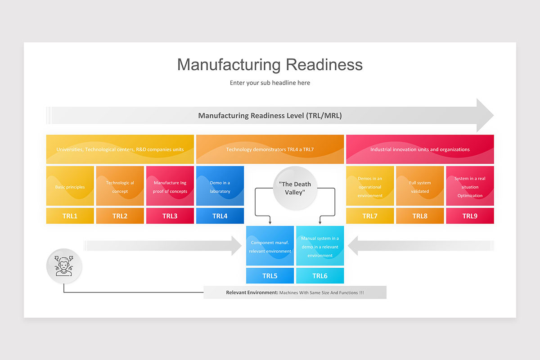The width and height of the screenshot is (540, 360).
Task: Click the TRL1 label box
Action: [x=70, y=216]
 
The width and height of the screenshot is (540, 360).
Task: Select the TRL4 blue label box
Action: [x=220, y=216]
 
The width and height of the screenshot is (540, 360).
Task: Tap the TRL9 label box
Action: [x=470, y=216]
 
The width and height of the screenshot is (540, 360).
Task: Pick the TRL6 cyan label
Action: [x=320, y=276]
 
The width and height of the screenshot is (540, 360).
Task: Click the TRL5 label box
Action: [x=270, y=276]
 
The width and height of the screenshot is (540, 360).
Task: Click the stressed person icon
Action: [x=64, y=266]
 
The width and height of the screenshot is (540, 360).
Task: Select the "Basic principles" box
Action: [x=70, y=186]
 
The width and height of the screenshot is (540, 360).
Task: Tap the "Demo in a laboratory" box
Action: [x=220, y=186]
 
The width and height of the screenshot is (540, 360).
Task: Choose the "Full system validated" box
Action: [x=420, y=186]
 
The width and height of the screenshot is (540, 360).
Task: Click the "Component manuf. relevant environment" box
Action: [x=270, y=246]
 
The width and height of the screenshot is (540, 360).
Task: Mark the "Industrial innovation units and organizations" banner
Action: [x=420, y=149]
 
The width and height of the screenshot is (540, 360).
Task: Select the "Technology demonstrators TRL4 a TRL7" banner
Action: [x=270, y=149]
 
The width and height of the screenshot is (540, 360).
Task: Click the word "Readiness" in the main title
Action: [x=324, y=64]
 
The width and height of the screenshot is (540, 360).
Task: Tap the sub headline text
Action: [x=270, y=83]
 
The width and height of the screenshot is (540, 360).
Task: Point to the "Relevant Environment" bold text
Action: [x=252, y=292]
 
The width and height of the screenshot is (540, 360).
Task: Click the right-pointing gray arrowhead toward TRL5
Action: [x=237, y=246]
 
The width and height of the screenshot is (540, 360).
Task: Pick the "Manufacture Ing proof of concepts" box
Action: [x=170, y=186]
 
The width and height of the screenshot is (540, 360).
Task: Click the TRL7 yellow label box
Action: [x=370, y=216]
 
